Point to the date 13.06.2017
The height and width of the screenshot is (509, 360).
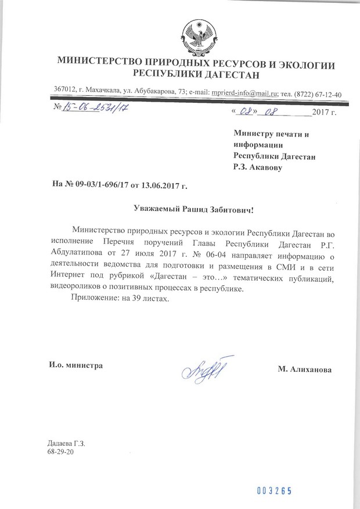tap(159, 186)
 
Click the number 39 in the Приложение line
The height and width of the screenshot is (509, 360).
tap(131, 297)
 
